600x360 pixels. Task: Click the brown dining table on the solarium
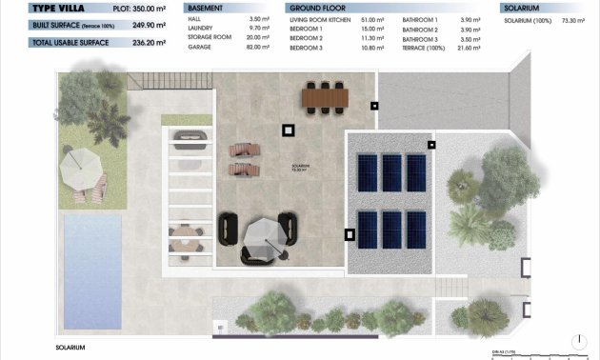(325, 95)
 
